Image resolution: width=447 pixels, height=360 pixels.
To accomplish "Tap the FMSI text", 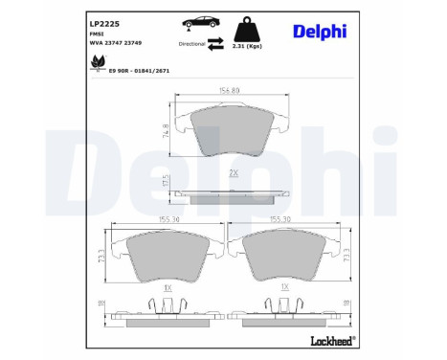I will [x=97, y=32].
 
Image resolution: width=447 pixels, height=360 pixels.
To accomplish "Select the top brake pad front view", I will [x=233, y=131].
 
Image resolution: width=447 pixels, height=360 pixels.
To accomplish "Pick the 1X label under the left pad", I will [x=166, y=286].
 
